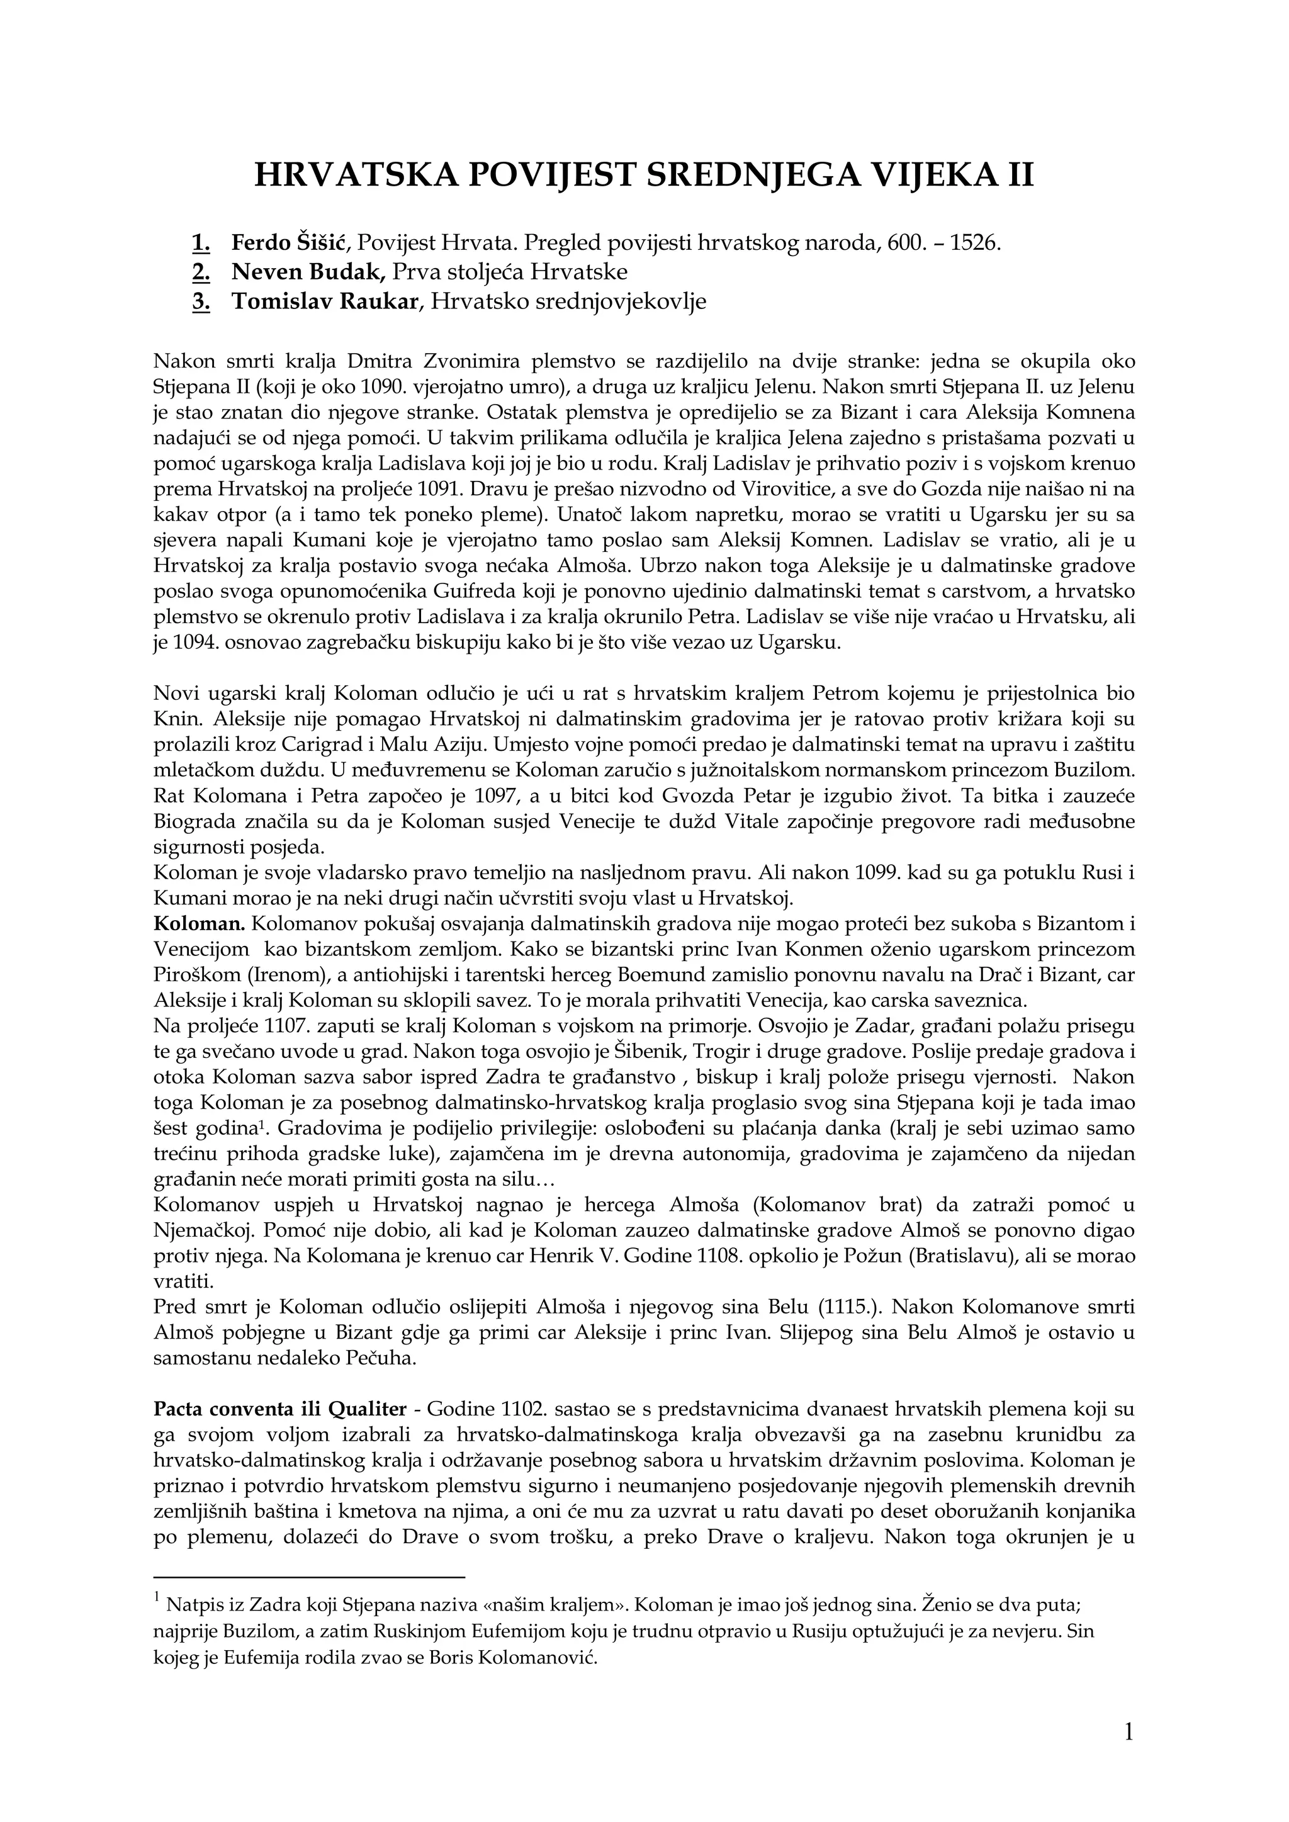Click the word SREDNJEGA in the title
point(772,174)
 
